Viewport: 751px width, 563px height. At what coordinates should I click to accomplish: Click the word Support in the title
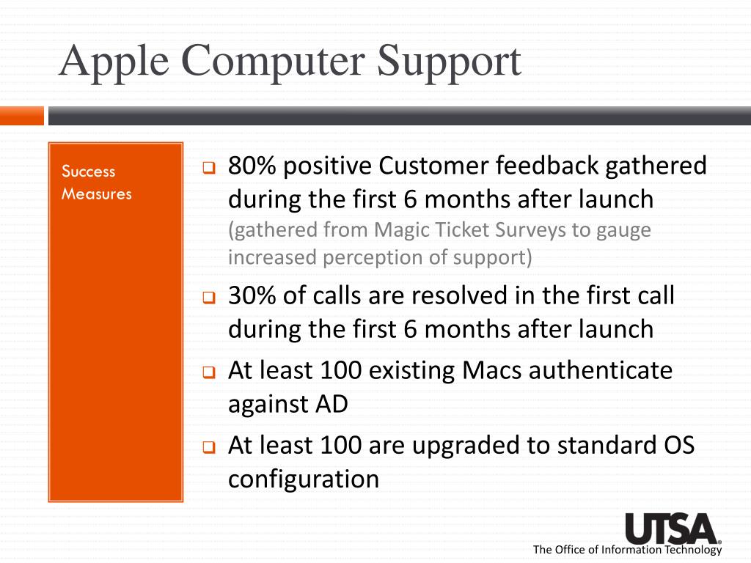(x=449, y=62)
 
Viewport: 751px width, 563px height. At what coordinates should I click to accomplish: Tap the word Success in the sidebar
(x=88, y=172)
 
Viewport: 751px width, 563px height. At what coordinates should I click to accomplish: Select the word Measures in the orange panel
(x=97, y=194)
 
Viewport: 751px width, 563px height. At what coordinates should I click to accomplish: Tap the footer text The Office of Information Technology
(x=627, y=550)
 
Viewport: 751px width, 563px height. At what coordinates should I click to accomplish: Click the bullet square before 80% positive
(x=208, y=168)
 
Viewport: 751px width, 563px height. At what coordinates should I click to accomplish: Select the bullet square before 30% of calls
(x=208, y=298)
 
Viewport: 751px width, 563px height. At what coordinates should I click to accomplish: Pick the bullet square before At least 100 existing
(x=208, y=372)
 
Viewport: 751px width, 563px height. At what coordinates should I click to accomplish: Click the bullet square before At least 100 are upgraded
(x=208, y=446)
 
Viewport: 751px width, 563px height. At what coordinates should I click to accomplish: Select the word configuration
(x=304, y=479)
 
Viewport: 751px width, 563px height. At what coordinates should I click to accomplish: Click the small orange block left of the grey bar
(x=21, y=116)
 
